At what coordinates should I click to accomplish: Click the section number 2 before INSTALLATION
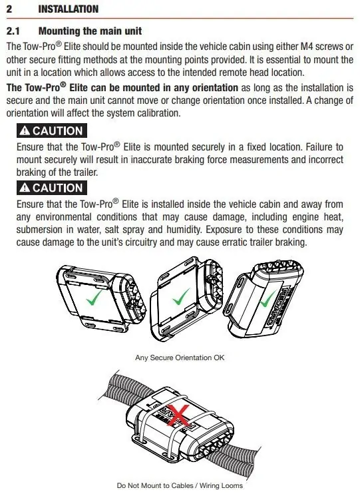tap(9, 9)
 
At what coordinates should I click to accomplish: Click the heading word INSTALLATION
tap(69, 9)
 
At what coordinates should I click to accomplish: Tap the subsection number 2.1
tap(13, 31)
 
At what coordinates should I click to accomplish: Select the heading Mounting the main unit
tap(90, 31)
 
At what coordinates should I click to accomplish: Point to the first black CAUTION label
tap(51, 131)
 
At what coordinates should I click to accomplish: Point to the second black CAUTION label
tap(51, 188)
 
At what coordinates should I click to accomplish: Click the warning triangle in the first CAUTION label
tap(25, 130)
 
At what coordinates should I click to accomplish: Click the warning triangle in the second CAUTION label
tap(25, 188)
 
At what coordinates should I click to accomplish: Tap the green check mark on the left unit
tap(94, 298)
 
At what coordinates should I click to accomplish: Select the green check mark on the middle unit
tap(181, 297)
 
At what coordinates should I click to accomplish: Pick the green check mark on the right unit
tap(268, 299)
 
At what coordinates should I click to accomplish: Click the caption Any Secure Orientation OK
tap(180, 358)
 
